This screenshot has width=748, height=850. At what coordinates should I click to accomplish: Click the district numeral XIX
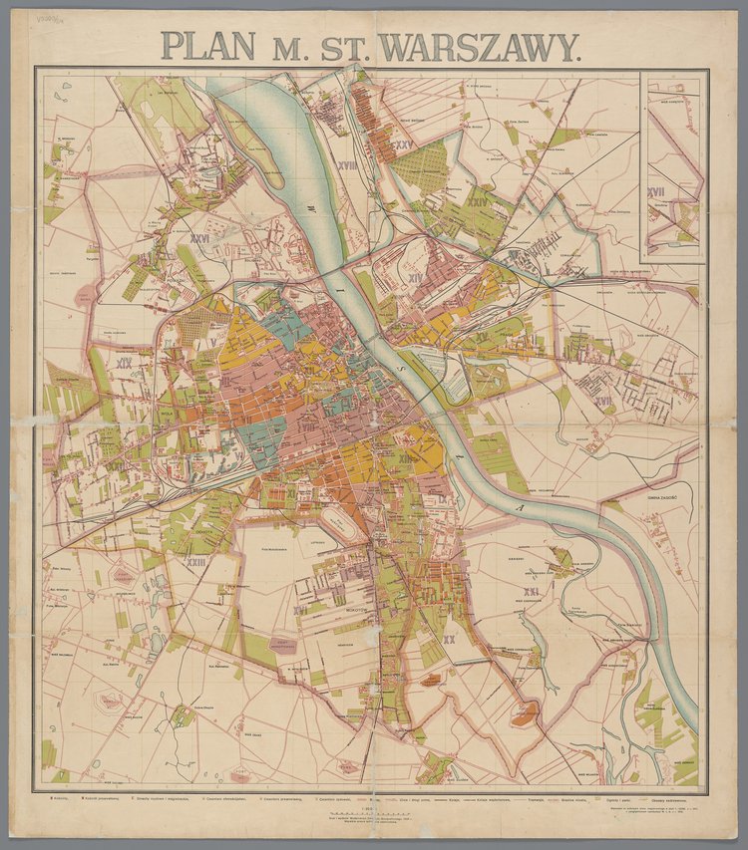click(125, 364)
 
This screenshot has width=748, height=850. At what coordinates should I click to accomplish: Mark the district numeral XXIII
click(195, 563)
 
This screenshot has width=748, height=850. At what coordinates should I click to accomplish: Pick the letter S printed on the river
click(403, 368)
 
